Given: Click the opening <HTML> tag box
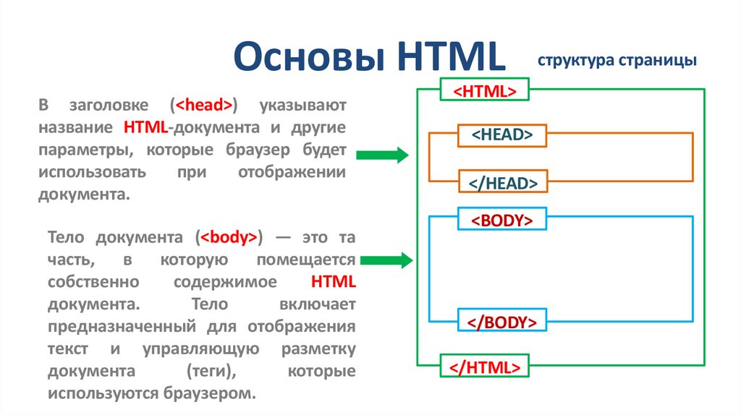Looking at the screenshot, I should [484, 90].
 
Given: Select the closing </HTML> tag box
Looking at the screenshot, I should [484, 366].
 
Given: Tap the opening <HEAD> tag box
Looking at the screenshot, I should [502, 134].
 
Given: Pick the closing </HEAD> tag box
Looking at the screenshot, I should [502, 183].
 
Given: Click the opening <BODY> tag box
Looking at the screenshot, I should [502, 221].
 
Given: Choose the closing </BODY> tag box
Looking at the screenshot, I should [502, 321].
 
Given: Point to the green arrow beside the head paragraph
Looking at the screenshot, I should [383, 155].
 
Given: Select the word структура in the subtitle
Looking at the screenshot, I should [575, 61].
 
